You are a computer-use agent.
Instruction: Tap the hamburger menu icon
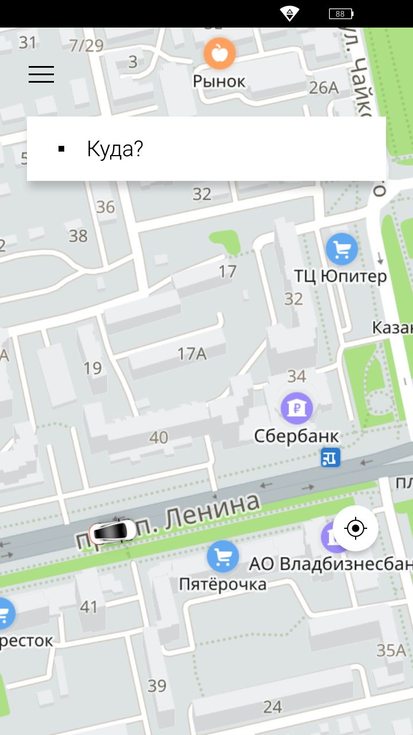coord(41,74)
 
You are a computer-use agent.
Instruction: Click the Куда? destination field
coord(206,149)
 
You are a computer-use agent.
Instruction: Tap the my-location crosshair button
coord(356,528)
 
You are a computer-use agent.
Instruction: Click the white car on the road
coord(113,531)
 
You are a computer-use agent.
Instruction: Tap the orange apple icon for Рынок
coord(219,53)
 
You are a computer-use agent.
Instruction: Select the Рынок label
coord(219,81)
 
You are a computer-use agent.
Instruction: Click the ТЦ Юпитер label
coord(341,276)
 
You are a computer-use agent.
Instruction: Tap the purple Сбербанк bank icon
coord(297,408)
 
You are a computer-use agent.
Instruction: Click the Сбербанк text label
coord(297,436)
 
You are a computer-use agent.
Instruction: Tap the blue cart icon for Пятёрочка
coord(223,556)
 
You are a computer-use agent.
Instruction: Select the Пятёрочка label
coord(223,584)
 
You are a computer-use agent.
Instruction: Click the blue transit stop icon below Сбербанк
coord(330,458)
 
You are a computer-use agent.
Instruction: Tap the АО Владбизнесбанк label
coord(330,564)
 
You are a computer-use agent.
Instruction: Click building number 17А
coord(192,354)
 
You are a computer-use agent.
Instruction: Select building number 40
coord(159,438)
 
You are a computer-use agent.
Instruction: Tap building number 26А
coord(324,88)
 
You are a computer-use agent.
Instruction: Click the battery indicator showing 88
coord(341,14)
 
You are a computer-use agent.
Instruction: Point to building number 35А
coord(391,650)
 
